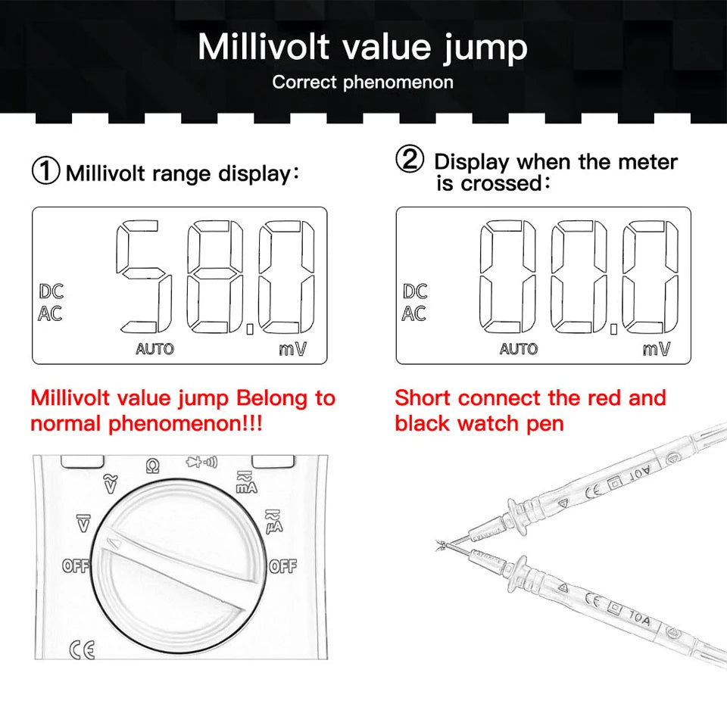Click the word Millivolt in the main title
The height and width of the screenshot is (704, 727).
click(264, 47)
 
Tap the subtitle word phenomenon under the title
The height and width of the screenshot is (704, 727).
click(398, 83)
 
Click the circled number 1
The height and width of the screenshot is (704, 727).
click(45, 170)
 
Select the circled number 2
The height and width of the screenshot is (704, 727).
click(410, 159)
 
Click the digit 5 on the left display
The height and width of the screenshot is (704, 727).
click(144, 276)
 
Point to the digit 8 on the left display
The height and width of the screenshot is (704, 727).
click(215, 276)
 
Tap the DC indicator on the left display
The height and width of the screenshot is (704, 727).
click(51, 291)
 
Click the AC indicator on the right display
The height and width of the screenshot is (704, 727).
click(414, 313)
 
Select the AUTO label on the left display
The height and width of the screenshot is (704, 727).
click(154, 349)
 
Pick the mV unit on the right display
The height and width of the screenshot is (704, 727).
click(657, 348)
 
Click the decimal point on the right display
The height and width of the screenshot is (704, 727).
click(614, 329)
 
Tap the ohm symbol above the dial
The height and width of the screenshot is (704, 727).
click(152, 466)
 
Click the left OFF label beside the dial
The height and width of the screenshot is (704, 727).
click(76, 566)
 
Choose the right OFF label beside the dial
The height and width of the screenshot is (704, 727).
click(282, 566)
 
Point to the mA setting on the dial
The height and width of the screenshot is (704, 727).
click(246, 482)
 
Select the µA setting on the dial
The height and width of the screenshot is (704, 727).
click(274, 522)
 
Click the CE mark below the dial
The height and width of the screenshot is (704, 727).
click(82, 649)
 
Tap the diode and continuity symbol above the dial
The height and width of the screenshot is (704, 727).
click(201, 462)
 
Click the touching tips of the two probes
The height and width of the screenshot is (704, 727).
click(444, 545)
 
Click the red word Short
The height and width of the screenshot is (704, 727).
click(423, 398)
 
